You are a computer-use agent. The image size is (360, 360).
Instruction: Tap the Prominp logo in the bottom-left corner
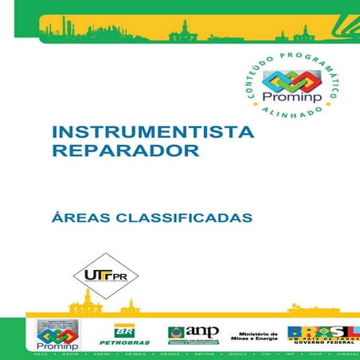pyautogui.click(x=55, y=335)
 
